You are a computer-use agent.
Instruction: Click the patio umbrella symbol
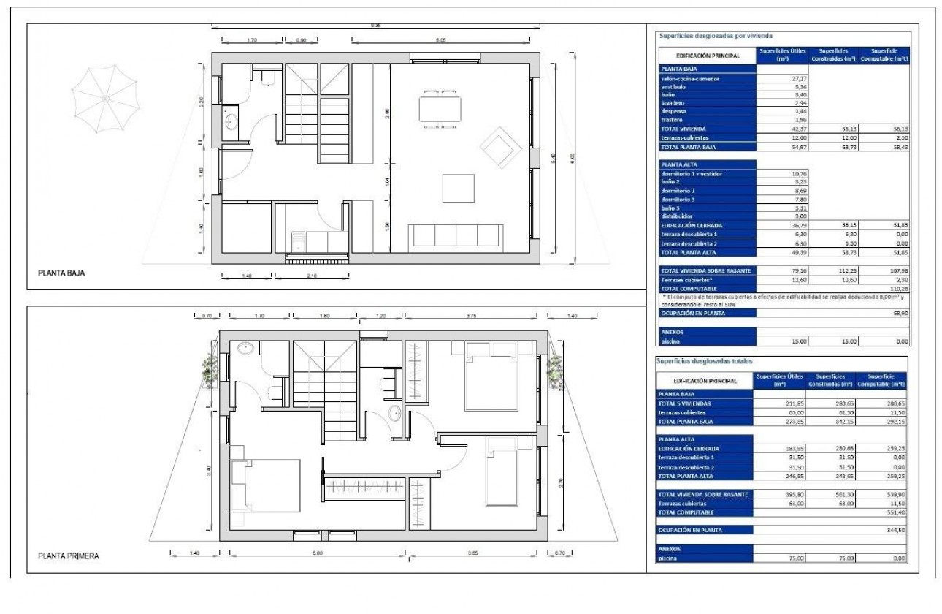(105, 96)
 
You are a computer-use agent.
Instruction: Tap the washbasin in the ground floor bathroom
(231, 121)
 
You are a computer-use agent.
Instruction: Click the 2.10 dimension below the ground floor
(313, 276)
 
